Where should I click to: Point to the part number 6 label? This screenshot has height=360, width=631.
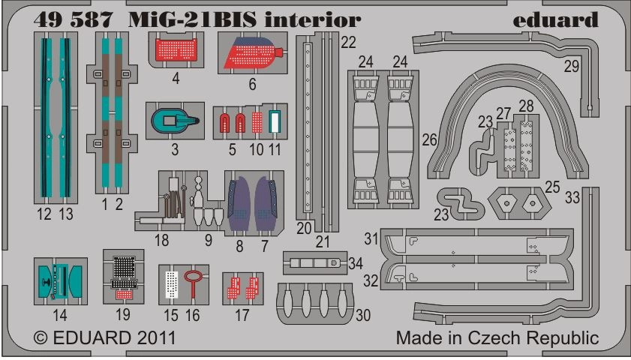(x=252, y=85)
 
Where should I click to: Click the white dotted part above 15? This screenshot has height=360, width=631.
(x=172, y=283)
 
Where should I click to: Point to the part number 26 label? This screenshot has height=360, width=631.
(x=429, y=139)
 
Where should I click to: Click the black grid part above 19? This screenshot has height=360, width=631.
(x=123, y=268)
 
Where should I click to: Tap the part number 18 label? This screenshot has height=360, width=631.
(x=161, y=240)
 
